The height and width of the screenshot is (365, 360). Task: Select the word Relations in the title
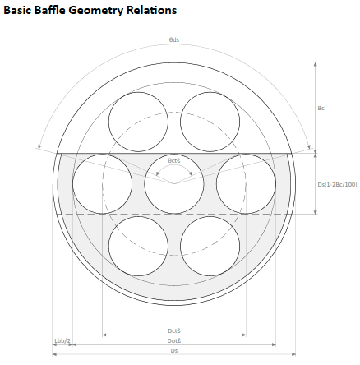pos(151,10)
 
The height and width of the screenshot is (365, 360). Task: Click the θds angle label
pos(174,39)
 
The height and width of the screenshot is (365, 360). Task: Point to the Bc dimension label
pos(321,108)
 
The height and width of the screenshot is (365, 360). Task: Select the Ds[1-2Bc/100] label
pos(337,184)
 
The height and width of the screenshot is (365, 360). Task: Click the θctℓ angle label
pos(174,160)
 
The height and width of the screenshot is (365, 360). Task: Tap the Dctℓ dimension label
pos(174,330)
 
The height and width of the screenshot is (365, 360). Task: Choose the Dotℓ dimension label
pos(174,340)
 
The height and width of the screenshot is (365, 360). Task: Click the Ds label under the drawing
pos(174,350)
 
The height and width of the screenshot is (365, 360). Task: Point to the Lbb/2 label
pos(62,340)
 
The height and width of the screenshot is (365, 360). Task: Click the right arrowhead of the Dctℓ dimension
pos(244,335)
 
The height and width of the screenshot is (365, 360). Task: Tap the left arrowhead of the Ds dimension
pos(54,354)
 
